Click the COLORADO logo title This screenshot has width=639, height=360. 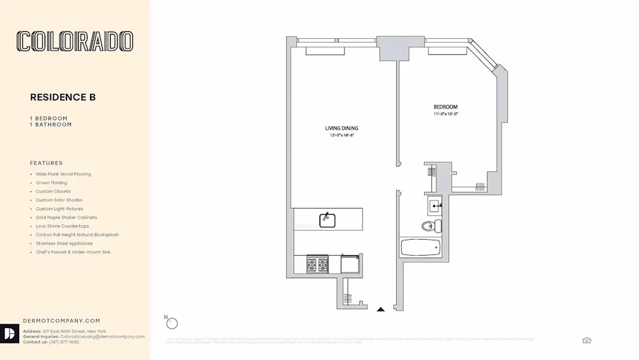click(x=75, y=42)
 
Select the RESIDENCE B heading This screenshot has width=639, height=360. click(x=63, y=97)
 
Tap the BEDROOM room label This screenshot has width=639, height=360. click(x=445, y=107)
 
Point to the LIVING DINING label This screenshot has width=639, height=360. click(x=341, y=129)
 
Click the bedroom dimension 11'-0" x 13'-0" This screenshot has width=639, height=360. click(x=445, y=114)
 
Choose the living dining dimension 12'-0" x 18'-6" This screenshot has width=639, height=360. click(x=341, y=136)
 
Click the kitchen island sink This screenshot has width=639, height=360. click(x=327, y=219)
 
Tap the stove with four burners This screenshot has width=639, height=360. click(x=318, y=263)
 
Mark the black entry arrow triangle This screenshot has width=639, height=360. click(x=381, y=309)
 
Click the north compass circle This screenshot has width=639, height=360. click(x=171, y=324)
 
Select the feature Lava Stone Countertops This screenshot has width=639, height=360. click(x=62, y=226)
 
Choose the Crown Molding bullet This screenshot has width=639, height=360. click(x=51, y=183)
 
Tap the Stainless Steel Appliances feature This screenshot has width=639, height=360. click(x=64, y=243)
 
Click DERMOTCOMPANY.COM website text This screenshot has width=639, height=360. click(x=61, y=320)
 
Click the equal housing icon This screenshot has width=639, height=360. click(x=587, y=340)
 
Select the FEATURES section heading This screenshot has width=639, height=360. click(x=47, y=163)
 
